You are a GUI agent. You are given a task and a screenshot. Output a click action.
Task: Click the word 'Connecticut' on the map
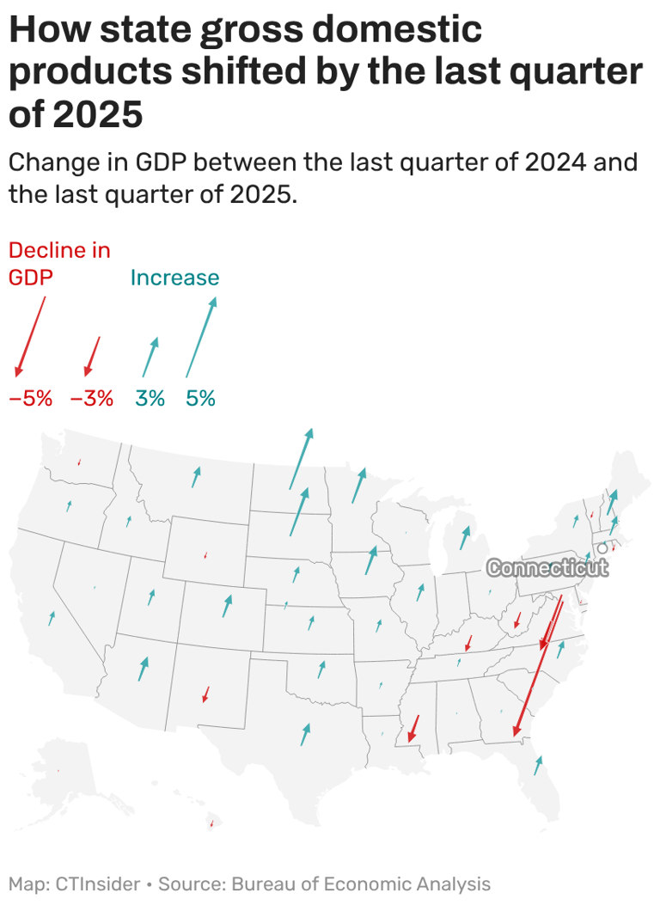547,568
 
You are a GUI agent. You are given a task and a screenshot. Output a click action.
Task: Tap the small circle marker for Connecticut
602,548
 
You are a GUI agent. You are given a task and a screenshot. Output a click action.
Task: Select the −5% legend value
31,399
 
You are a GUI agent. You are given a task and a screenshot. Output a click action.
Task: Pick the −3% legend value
91,399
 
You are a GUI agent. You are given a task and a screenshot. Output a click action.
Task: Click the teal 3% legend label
150,399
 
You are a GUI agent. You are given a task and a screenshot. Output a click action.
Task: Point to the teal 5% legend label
200,399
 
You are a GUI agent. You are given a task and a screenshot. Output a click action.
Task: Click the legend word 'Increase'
174,278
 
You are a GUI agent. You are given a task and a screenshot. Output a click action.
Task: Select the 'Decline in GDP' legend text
59,264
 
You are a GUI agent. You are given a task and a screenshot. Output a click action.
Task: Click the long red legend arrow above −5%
30,337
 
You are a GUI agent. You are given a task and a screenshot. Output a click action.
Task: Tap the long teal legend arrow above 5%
202,337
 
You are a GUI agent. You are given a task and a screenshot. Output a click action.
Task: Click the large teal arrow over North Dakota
302,459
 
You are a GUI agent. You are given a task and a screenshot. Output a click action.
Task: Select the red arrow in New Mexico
205,694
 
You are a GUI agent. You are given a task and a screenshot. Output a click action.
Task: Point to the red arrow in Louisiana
413,728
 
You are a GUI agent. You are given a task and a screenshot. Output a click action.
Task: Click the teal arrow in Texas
305,733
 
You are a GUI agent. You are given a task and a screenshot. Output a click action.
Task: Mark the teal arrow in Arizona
143,668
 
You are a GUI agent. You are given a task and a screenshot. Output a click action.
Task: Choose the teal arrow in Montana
196,477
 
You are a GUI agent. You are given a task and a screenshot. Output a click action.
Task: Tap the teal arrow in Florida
538,765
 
